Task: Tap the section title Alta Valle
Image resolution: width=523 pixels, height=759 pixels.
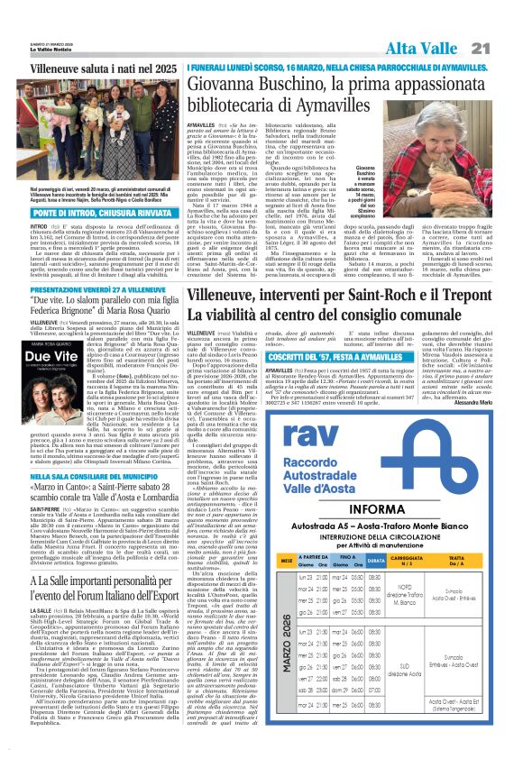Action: pyautogui.click(x=439, y=47)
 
